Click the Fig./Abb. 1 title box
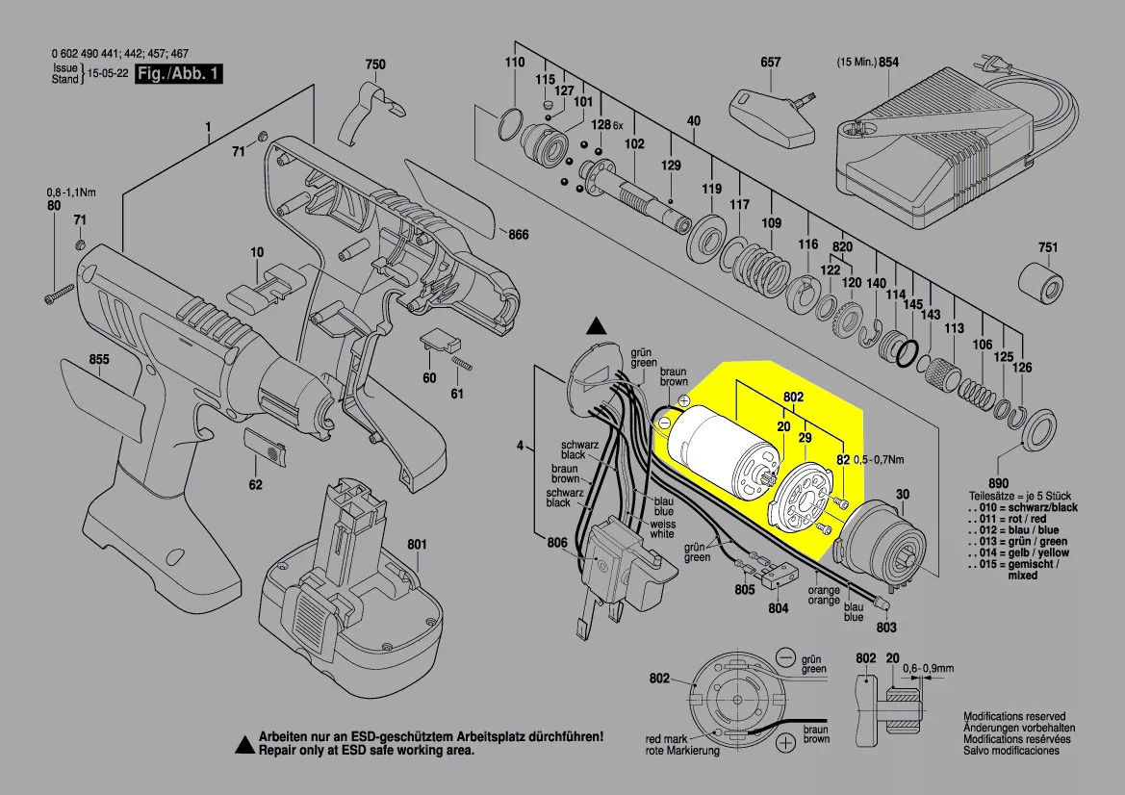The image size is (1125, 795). coord(179,74)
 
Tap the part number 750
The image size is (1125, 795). coord(374,64)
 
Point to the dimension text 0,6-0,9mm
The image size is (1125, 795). coord(929,667)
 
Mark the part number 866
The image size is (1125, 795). coord(519,235)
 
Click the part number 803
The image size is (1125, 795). coord(886,627)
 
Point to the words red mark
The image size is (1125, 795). coord(667,739)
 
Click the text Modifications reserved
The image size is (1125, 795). coord(1014,717)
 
